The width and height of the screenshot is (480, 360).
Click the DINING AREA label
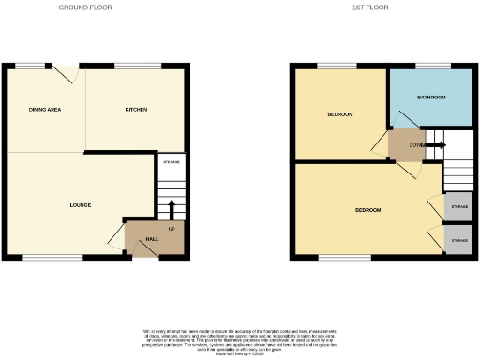click(x=45, y=111)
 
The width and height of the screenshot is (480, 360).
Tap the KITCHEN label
click(x=137, y=111)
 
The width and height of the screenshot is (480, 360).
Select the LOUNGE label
click(x=80, y=204)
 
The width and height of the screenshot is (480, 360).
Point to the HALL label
click(x=151, y=239)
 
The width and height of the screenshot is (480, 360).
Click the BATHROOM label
click(x=431, y=97)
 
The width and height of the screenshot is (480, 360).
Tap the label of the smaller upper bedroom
click(x=339, y=114)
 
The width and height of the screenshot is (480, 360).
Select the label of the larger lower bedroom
click(x=367, y=210)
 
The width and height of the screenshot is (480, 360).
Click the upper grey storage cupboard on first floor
click(x=458, y=206)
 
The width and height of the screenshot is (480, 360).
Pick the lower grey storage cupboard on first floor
click(x=458, y=241)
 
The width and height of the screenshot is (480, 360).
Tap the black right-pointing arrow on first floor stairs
click(x=437, y=144)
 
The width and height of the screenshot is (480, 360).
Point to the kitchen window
click(x=128, y=66)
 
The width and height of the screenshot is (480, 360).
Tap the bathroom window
click(x=430, y=66)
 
